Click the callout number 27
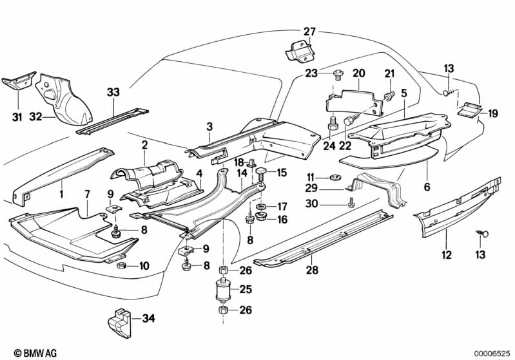[309, 32]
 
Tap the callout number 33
[113, 93]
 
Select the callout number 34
[148, 317]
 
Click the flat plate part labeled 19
[471, 109]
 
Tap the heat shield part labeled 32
[61, 100]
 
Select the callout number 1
[61, 193]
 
